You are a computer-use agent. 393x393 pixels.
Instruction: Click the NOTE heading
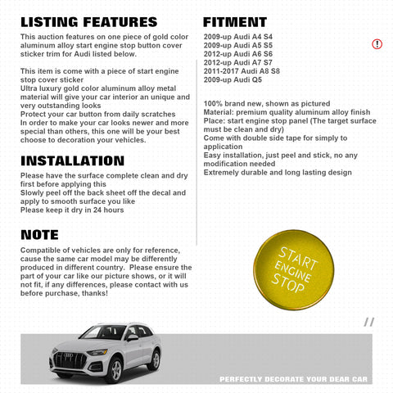(x=40, y=235)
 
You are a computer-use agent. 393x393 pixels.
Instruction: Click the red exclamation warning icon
(x=377, y=43)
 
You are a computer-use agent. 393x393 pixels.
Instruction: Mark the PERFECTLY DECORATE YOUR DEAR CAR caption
(x=295, y=379)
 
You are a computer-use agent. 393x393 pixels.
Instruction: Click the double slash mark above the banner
(x=369, y=322)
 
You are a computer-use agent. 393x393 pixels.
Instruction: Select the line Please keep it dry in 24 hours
(x=72, y=210)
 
